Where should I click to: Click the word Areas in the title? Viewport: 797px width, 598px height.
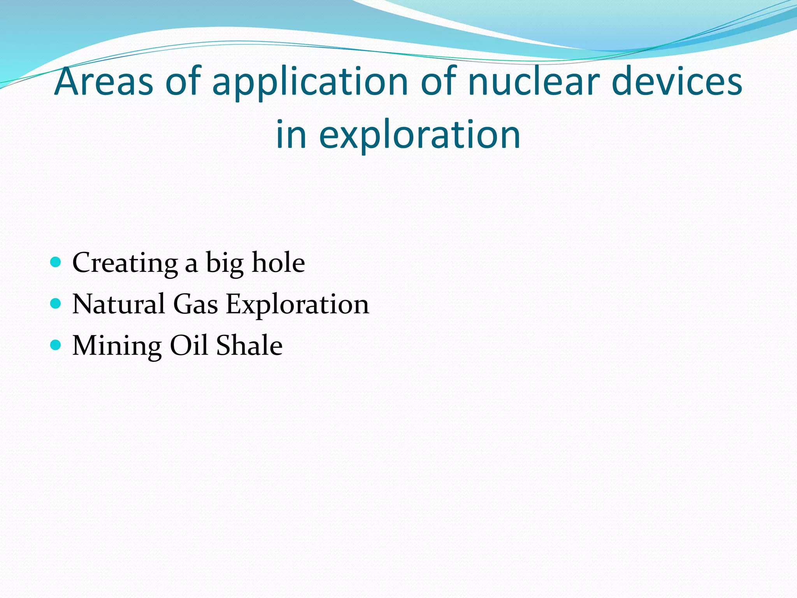(104, 82)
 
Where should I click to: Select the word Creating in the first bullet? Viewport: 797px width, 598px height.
(125, 263)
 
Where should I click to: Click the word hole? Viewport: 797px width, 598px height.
(278, 262)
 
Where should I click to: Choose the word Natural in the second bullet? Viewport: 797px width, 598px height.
(119, 304)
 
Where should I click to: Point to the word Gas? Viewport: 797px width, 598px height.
(195, 304)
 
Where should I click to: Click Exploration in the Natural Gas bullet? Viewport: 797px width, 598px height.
(297, 305)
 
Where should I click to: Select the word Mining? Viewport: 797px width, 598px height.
(117, 346)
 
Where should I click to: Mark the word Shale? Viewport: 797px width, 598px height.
(249, 345)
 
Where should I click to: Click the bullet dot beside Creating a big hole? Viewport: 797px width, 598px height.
(56, 262)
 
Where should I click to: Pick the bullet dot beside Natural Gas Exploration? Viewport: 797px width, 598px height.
(56, 303)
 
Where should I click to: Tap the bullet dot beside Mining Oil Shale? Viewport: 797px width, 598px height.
(56, 345)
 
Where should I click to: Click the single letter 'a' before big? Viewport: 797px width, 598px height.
(191, 265)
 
